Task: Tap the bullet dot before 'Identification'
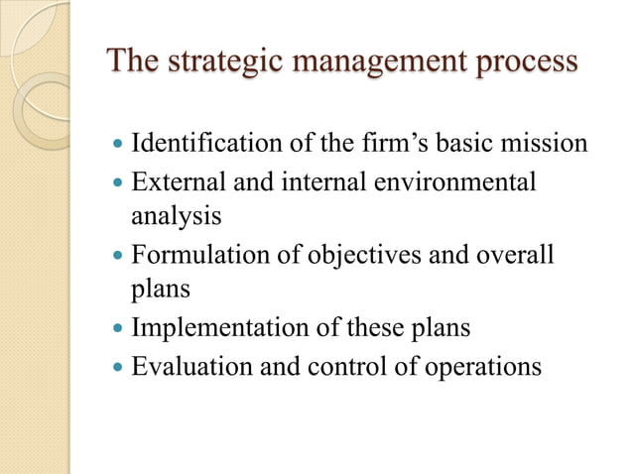[118, 145]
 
